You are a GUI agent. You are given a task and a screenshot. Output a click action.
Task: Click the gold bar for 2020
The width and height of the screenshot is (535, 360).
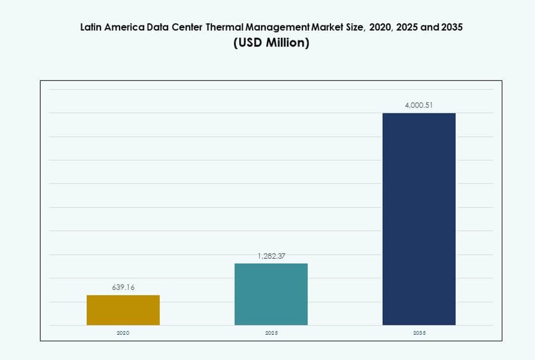tap(123, 310)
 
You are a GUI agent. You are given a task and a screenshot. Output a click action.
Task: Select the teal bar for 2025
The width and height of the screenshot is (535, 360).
tap(271, 294)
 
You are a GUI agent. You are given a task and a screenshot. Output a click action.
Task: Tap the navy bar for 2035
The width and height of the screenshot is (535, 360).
tap(419, 219)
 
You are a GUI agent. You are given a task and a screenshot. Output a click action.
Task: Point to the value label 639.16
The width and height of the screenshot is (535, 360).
tap(123, 287)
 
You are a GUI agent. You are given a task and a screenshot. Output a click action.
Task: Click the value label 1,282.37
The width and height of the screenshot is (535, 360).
tap(271, 256)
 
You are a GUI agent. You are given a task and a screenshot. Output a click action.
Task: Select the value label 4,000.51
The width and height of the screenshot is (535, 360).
tap(419, 105)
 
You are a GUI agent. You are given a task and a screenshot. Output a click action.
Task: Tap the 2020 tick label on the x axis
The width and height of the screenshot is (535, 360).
tap(123, 334)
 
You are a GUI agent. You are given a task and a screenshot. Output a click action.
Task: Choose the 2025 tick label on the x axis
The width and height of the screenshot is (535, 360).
tap(271, 334)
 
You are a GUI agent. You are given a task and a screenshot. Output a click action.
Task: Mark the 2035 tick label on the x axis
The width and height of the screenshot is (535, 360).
tap(419, 334)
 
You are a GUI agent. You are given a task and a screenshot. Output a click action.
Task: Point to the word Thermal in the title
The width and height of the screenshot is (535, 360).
tap(224, 26)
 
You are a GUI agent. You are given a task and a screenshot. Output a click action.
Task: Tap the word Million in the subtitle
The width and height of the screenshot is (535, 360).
tap(287, 43)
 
